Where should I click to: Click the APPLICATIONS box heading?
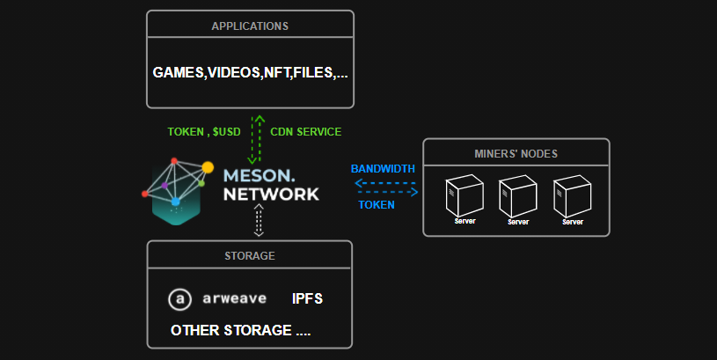[250, 26]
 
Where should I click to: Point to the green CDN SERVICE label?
[305, 131]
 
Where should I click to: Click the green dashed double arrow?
[256, 139]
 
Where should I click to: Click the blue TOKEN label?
[376, 204]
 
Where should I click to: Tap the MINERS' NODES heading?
[516, 154]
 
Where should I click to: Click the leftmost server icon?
[465, 198]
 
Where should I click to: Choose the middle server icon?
[517, 198]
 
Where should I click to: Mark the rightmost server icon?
[572, 198]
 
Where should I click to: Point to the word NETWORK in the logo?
[271, 193]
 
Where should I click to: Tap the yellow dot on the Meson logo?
[208, 166]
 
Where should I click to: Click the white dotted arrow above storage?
[259, 220]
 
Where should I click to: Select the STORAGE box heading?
[250, 256]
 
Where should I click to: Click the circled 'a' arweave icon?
[179, 299]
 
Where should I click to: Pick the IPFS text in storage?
[307, 299]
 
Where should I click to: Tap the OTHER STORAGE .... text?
[240, 331]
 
